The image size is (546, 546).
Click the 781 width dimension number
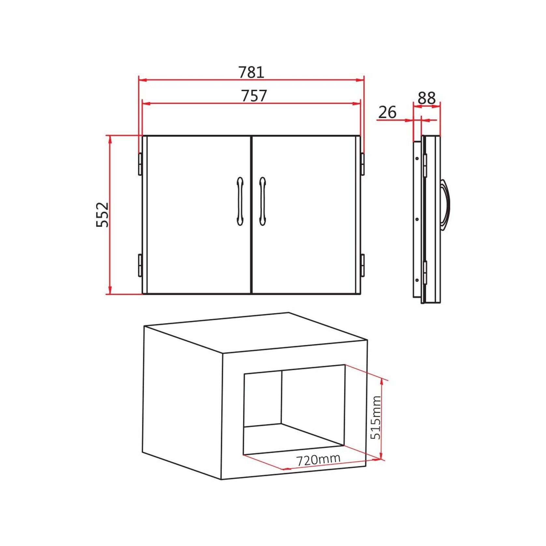click(251, 72)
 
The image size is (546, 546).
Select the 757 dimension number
click(254, 96)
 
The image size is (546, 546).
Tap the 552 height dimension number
click(102, 215)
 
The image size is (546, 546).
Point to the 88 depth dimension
click(426, 98)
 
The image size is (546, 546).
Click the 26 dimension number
click(387, 112)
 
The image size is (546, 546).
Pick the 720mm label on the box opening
click(318, 459)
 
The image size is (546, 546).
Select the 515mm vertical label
click(376, 418)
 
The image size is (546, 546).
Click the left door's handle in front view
click(240, 201)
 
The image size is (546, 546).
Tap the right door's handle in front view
click(262, 201)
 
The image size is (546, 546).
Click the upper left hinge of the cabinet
click(140, 164)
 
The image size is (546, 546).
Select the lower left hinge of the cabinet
click(140, 265)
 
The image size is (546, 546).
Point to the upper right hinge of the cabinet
click(362, 164)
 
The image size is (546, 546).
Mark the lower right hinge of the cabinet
click(362, 265)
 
